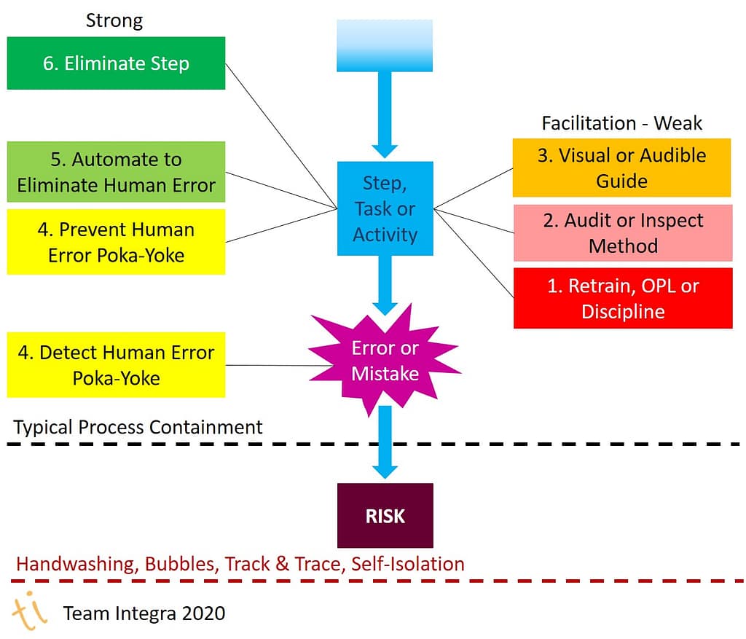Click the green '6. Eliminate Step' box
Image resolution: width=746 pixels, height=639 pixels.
click(116, 63)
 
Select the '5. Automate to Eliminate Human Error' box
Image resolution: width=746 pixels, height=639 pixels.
click(116, 172)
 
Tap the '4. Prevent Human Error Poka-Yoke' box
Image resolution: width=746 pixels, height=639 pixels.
click(116, 242)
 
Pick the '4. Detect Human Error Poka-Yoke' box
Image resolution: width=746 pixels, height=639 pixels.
click(116, 365)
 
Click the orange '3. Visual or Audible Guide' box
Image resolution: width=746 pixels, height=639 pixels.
click(621, 168)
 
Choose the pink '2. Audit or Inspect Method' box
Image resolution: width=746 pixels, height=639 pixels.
click(622, 232)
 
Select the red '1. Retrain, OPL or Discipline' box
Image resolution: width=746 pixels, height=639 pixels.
click(622, 298)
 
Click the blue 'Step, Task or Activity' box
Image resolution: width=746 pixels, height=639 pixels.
click(385, 208)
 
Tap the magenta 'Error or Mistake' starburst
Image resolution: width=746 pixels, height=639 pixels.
click(385, 361)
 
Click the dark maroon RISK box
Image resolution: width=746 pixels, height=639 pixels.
click(385, 516)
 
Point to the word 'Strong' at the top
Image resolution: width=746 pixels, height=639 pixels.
click(114, 20)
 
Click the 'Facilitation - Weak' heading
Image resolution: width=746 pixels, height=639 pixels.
click(621, 123)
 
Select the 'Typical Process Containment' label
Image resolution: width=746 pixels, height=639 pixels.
click(138, 427)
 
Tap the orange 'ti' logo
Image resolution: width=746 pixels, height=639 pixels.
click(29, 611)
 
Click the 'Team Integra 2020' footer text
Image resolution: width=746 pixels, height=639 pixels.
click(144, 613)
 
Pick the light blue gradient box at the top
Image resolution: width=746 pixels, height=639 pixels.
click(385, 45)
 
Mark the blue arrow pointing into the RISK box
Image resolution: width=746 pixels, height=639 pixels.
click(385, 444)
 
